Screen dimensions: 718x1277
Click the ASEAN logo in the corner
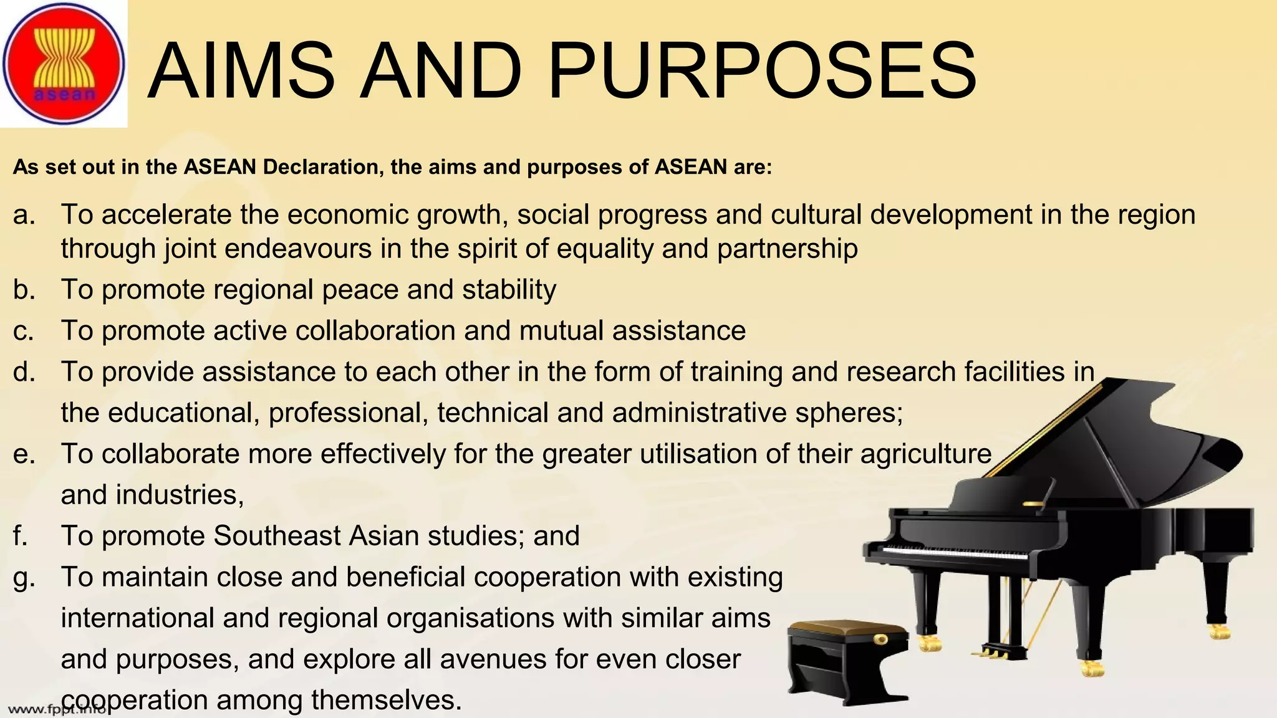click(x=64, y=64)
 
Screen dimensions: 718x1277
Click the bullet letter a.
click(x=24, y=215)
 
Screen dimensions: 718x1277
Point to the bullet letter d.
click(x=24, y=372)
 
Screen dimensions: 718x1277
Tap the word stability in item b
click(x=509, y=290)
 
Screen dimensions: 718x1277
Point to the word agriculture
click(x=925, y=454)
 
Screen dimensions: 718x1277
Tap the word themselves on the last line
click(x=386, y=700)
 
